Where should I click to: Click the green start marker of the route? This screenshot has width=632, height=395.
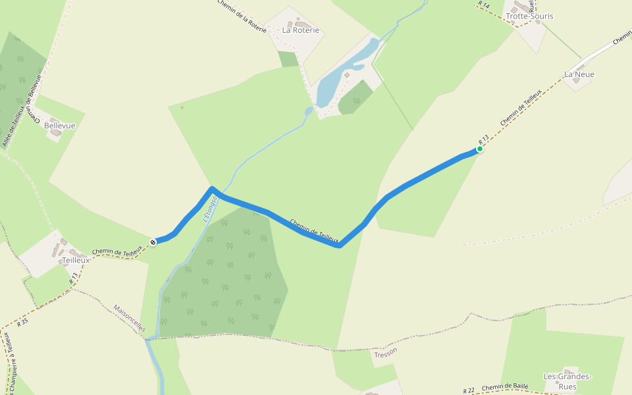coord(480,149)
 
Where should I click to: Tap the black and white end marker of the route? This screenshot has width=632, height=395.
coord(153,242)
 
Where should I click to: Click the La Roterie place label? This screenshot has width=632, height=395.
coord(300,30)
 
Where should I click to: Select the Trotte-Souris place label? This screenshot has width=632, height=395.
coord(529,16)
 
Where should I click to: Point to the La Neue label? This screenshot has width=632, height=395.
coord(579,74)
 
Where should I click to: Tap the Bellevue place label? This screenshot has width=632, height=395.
coord(60,126)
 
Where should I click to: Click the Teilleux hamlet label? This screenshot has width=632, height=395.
coord(76,260)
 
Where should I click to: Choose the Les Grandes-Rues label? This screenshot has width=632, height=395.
coord(567,381)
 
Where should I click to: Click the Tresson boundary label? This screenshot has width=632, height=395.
coord(385,353)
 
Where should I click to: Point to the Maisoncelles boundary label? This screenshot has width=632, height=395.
coord(129,318)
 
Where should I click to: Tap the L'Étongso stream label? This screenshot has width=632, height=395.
coord(210,209)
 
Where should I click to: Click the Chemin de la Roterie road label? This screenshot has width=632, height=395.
coord(242,16)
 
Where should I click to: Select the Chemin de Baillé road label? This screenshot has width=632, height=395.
coord(505,388)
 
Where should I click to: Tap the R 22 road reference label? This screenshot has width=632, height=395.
coord(469,391)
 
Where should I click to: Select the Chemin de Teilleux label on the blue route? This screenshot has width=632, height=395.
coord(314,231)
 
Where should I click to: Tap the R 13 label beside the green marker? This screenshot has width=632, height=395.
coord(484,139)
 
